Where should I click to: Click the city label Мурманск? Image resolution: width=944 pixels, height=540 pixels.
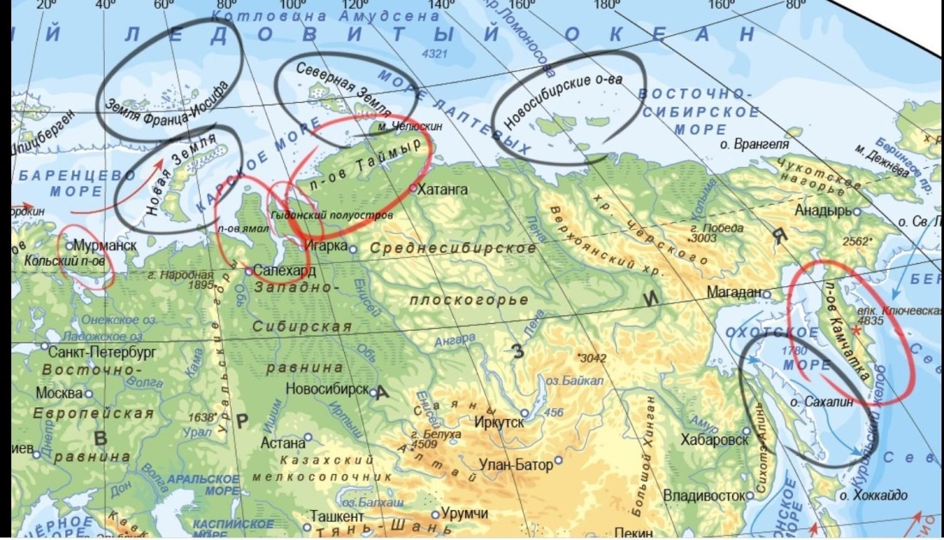[106, 245]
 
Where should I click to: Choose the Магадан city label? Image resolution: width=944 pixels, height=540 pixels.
[734, 292]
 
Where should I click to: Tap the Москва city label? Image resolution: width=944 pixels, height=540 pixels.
[58, 393]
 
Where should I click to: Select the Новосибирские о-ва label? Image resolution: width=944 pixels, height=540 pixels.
[563, 103]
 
